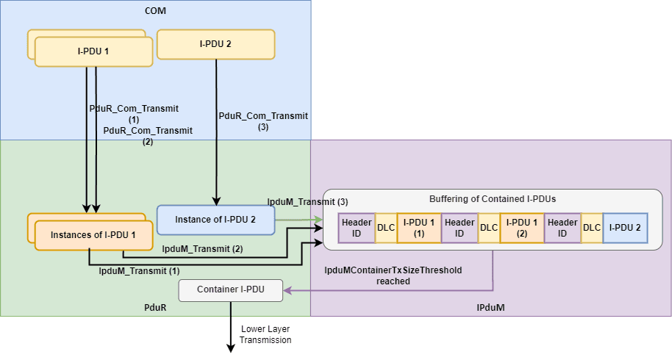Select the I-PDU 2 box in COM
click(215, 44)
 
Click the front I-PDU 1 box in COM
click(93, 51)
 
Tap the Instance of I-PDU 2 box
click(215, 220)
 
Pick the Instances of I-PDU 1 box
click(93, 235)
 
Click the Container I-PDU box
click(231, 290)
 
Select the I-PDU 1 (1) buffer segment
click(418, 228)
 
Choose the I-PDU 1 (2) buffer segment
click(521, 228)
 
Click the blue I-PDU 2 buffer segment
click(625, 228)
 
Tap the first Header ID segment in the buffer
click(357, 228)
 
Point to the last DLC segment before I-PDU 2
click(592, 228)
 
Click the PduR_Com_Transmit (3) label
click(263, 121)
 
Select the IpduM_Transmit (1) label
click(139, 271)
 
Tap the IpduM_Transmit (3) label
click(307, 201)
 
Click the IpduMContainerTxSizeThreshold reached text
click(393, 276)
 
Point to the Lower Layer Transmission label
click(265, 334)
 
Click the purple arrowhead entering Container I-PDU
click(288, 291)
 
